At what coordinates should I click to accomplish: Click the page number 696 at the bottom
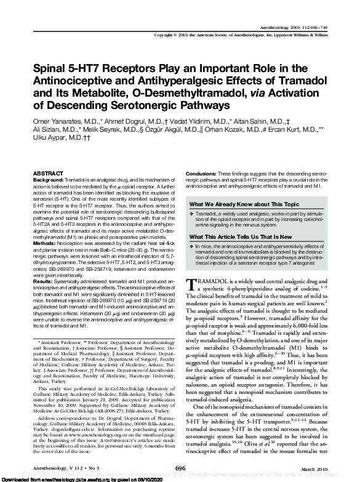180,468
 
